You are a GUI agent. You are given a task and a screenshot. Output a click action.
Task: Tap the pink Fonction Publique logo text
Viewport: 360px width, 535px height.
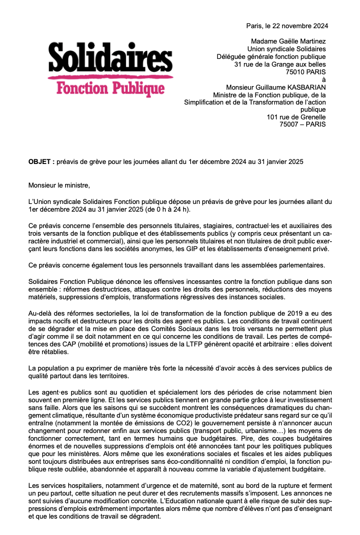pyautogui.click(x=110, y=88)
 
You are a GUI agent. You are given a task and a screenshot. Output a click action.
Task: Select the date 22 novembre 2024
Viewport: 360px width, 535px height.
pyautogui.click(x=295, y=25)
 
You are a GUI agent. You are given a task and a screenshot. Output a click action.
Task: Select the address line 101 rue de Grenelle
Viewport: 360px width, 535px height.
pyautogui.click(x=296, y=117)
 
